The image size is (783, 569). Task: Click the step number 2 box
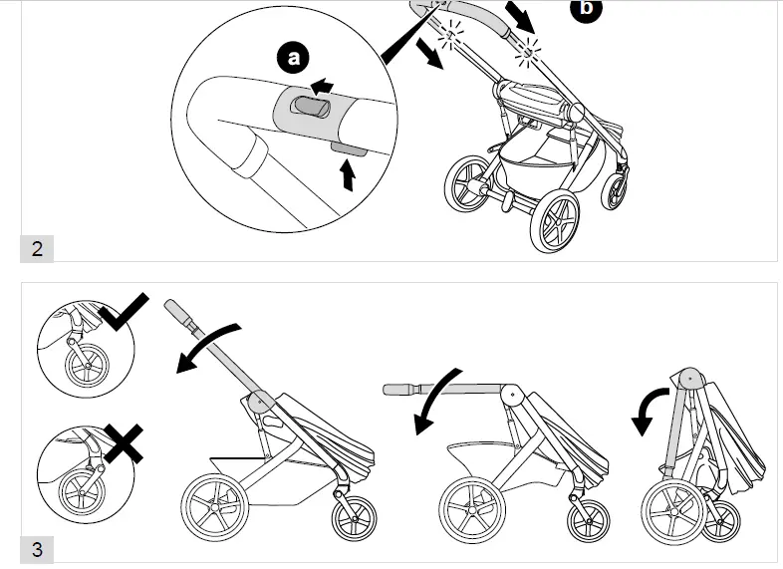click(x=37, y=248)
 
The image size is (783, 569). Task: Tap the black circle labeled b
click(x=586, y=8)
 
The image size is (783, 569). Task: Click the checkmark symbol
click(x=123, y=313)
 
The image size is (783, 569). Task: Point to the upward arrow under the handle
click(x=347, y=175)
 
